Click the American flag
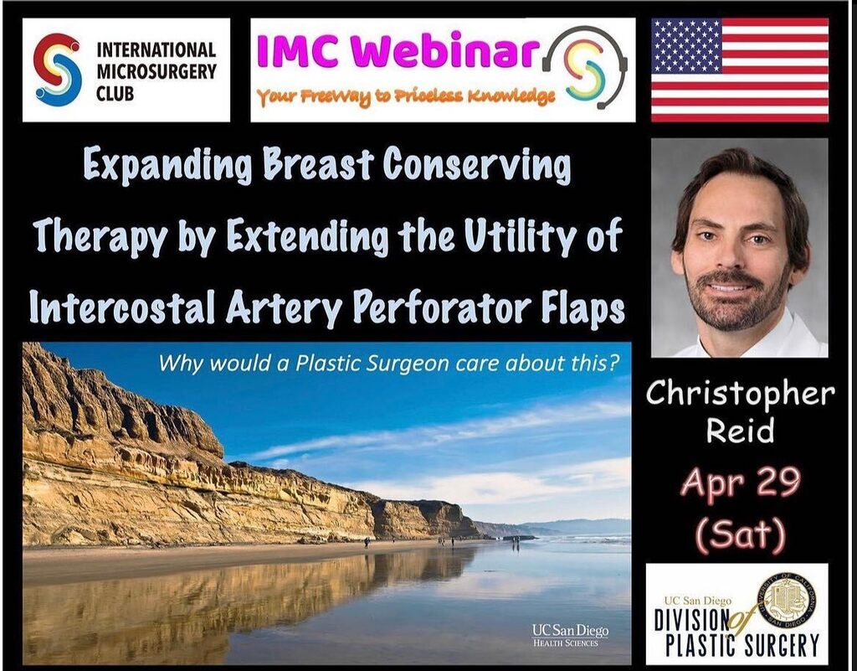740,70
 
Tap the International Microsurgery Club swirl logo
58,70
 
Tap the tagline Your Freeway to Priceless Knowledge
406,96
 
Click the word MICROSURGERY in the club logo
157,70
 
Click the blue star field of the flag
685,45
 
